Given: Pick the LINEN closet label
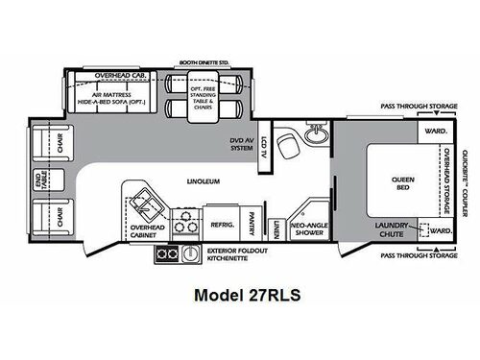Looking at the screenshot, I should pos(275,228).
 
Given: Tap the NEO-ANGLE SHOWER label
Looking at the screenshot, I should pos(310,226).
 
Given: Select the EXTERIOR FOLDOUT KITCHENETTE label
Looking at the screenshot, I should pos(234,254).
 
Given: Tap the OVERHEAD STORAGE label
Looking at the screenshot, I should pos(446,182).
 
